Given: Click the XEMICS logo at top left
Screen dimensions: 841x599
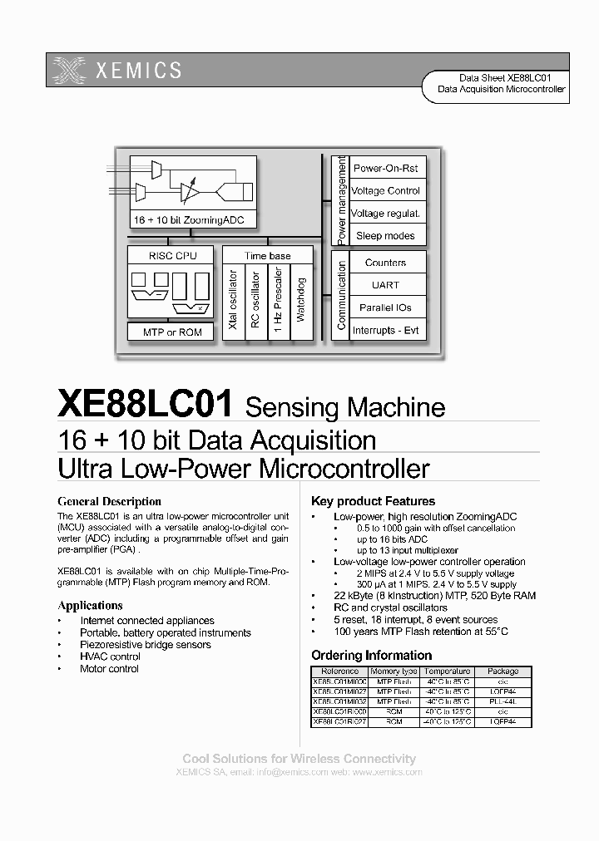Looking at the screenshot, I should [x=116, y=70].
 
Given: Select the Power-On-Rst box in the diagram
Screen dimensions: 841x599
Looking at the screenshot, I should [x=385, y=168].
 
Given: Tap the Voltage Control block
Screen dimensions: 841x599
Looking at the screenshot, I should [x=385, y=190].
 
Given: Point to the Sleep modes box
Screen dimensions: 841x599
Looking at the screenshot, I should [x=385, y=235].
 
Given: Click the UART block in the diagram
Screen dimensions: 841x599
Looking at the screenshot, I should [x=385, y=285].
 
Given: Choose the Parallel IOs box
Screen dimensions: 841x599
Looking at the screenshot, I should [x=385, y=307].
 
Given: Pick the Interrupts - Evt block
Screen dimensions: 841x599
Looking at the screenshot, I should [x=385, y=330].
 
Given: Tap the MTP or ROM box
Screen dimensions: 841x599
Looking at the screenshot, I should [x=172, y=332].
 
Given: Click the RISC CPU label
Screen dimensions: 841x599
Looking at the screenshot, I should [x=172, y=256].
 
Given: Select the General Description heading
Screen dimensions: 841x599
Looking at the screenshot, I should [x=109, y=501].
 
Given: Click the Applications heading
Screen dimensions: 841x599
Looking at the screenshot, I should [x=90, y=605].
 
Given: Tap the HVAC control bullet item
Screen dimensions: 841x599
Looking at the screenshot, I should [x=110, y=657].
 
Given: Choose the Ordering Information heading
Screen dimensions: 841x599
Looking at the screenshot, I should [x=371, y=655].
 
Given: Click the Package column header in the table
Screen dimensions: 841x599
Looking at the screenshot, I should [x=502, y=671].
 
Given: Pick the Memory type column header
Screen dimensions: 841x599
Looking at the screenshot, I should [x=394, y=671].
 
